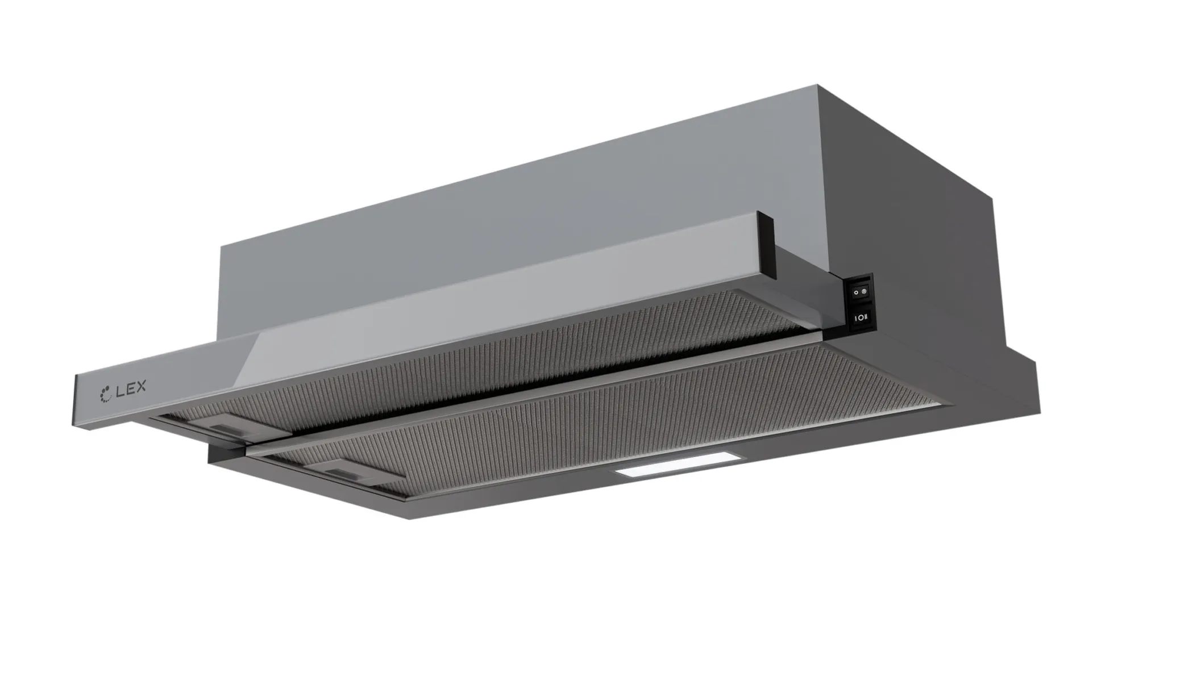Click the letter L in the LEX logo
coord(120,390)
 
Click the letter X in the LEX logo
coord(140,386)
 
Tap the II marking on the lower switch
coord(865,316)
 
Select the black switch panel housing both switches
coord(860,304)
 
